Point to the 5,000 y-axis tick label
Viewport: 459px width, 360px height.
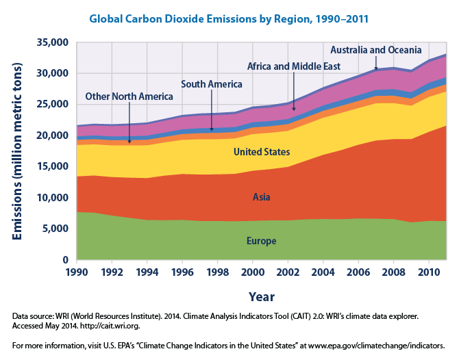tap(55, 229)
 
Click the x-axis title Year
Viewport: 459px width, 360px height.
tap(262, 297)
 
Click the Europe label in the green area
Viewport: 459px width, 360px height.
tap(262, 241)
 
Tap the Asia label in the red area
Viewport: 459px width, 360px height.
tap(262, 197)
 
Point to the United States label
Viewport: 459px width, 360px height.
tap(262, 151)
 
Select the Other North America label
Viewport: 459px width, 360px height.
tap(124, 97)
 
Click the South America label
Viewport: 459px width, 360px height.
tap(212, 84)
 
